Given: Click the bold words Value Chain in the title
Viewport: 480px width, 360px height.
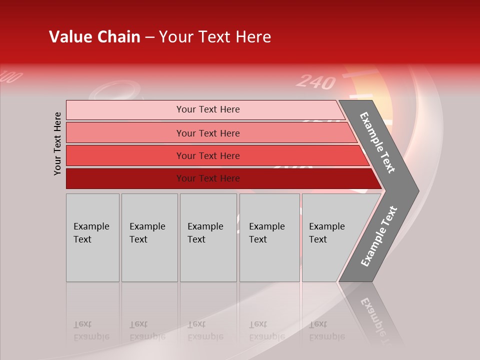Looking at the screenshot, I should click(x=94, y=37).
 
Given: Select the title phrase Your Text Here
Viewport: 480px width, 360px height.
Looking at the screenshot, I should click(x=215, y=37).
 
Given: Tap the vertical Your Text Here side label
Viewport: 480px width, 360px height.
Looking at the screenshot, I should click(x=57, y=143).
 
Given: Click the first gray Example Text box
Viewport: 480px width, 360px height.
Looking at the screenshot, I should click(x=92, y=237).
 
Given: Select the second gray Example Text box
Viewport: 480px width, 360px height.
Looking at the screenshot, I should click(x=149, y=237).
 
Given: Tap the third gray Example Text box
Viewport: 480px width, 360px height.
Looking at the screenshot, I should click(x=208, y=237).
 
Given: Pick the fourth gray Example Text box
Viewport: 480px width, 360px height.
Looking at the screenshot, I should click(x=269, y=237).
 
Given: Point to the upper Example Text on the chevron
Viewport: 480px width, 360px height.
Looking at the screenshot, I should click(x=378, y=142).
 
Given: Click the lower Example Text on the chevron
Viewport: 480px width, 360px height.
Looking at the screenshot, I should click(x=379, y=236).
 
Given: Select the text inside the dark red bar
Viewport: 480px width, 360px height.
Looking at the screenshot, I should click(x=208, y=178).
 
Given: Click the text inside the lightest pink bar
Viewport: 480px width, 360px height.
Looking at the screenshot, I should click(x=208, y=109).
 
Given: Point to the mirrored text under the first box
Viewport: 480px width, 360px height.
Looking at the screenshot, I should click(x=91, y=330).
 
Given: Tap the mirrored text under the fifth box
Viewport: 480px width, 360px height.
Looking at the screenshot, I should click(x=326, y=330).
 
